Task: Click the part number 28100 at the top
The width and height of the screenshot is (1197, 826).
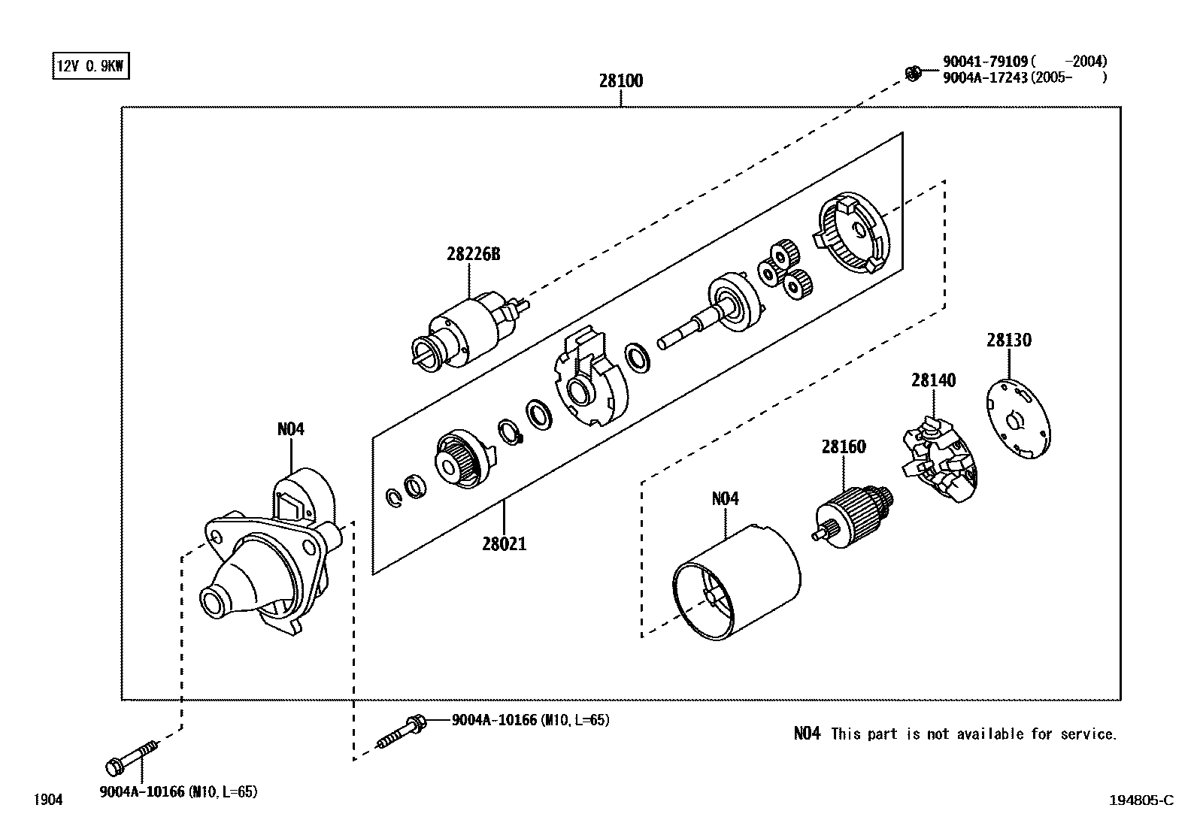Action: coord(620,80)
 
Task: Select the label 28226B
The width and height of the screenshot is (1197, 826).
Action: coord(473,254)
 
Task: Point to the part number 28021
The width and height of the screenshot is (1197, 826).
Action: coord(504,543)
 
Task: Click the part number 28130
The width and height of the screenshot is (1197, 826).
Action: coord(1008,340)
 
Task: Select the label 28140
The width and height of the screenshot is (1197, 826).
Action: coord(933,380)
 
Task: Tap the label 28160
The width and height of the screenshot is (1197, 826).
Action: coord(843,446)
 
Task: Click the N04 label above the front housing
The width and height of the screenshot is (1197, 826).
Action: coord(290,429)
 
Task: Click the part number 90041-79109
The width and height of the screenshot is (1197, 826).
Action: coord(986,62)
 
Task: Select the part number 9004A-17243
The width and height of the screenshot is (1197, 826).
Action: coord(986,77)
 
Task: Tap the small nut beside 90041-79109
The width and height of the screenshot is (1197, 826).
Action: coord(914,73)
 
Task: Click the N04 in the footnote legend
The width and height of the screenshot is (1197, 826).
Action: coord(807,734)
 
